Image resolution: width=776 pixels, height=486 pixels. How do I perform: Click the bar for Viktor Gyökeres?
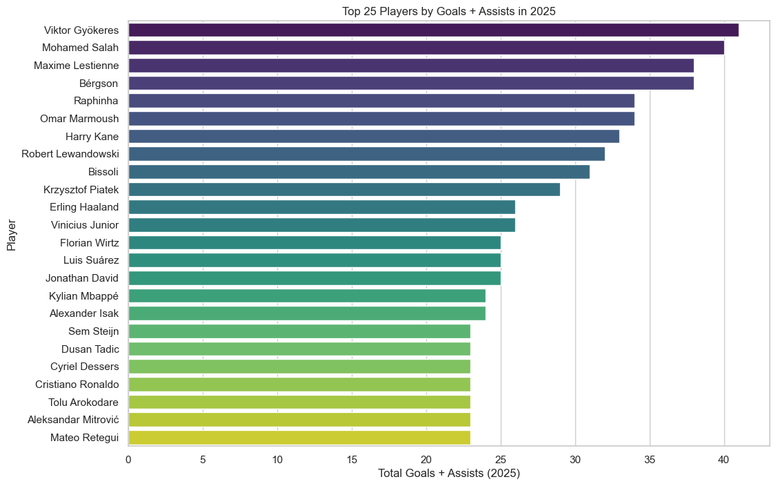[x=433, y=30]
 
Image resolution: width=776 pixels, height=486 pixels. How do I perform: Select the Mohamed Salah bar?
[x=426, y=48]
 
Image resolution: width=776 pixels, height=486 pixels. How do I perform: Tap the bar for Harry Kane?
[x=373, y=137]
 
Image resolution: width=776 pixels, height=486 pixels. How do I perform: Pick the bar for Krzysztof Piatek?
[x=344, y=189]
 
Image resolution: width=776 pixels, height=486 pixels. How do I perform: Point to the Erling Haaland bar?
[x=321, y=207]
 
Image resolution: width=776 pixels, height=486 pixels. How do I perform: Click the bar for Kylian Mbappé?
[x=306, y=295]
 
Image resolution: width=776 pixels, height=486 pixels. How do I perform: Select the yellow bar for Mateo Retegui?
[x=299, y=437]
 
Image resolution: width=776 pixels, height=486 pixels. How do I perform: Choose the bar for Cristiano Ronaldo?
[x=299, y=384]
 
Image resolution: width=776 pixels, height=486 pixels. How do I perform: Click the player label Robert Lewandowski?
[x=70, y=154]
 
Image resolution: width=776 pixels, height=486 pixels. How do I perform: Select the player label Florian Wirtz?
[x=89, y=242]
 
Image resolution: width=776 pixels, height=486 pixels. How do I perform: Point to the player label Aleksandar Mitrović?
[x=72, y=420]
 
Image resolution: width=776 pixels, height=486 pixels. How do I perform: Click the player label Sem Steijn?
[x=93, y=331]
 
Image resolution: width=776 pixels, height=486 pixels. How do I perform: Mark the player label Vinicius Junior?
[x=85, y=225]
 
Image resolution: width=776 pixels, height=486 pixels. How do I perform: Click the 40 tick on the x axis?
[x=724, y=458]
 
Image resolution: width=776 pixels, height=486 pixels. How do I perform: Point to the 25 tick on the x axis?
[x=500, y=458]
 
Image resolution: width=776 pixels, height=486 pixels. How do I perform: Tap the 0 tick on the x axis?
[x=128, y=458]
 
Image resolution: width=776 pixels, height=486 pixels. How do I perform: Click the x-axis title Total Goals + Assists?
[x=448, y=474]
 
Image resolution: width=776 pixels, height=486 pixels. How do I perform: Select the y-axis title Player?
[x=12, y=235]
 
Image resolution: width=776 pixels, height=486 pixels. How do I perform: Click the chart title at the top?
[x=448, y=11]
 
